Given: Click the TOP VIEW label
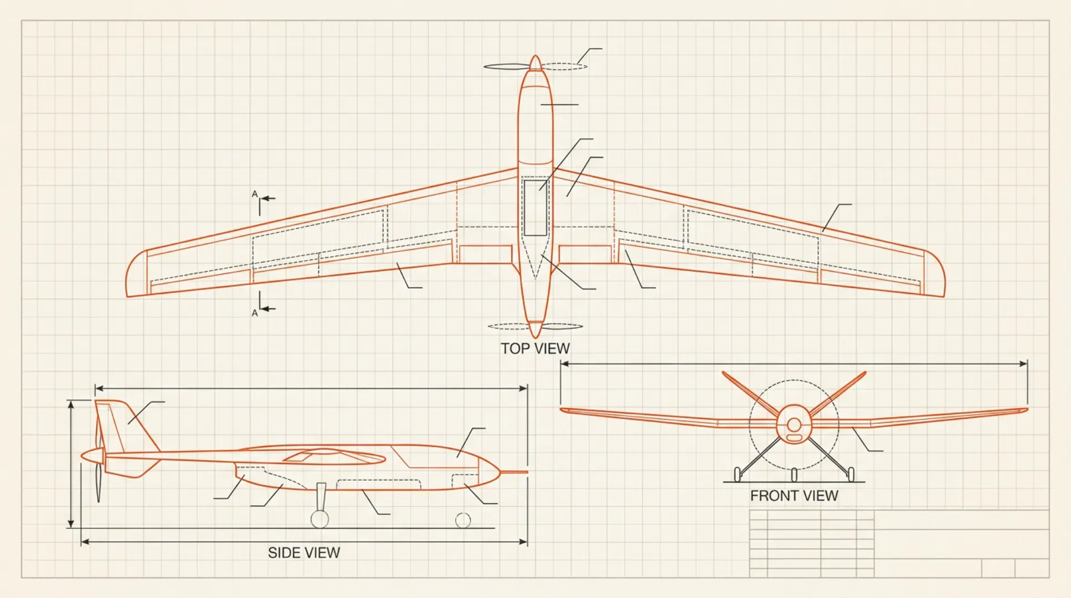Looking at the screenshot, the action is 535,349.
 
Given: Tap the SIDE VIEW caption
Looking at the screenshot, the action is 304,553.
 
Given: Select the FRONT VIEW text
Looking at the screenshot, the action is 794,496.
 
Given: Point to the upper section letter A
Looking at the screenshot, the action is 254,194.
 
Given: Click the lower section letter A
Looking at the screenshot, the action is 254,313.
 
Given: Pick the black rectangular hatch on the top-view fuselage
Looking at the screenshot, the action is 535,208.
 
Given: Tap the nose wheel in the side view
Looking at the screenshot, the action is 463,520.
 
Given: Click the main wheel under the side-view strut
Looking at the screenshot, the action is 320,519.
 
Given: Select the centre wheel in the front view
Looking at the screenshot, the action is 794,475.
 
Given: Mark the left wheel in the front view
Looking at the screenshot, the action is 737,475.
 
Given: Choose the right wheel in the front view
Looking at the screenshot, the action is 851,475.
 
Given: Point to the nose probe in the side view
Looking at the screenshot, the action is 514,472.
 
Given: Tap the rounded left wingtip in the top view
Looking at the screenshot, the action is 137,273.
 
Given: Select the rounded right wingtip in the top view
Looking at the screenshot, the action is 934,273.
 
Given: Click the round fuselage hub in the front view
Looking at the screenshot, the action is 794,425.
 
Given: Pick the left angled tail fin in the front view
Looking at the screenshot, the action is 750,393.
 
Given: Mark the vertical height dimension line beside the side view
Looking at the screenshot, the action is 71,464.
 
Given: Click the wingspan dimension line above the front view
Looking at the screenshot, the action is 794,364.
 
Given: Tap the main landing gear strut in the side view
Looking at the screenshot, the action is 321,496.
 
